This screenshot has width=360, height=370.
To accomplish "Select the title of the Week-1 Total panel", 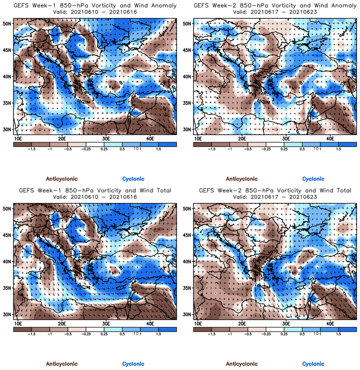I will point(95,190).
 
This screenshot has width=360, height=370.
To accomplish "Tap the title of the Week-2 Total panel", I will point(275,190).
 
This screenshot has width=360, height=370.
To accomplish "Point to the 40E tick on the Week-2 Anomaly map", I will point(330,138).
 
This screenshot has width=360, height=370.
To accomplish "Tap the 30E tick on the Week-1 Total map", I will point(106,324).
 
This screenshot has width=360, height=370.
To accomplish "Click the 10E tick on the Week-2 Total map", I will point(198,324).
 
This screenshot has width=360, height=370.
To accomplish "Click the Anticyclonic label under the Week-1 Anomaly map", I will point(62,179).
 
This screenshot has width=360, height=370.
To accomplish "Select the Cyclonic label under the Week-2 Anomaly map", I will point(313,179).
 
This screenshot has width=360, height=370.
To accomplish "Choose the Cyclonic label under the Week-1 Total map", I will point(133,364).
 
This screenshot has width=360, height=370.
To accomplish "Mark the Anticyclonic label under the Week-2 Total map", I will point(242,364).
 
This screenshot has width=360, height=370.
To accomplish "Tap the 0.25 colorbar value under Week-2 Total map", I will point(284,334).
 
